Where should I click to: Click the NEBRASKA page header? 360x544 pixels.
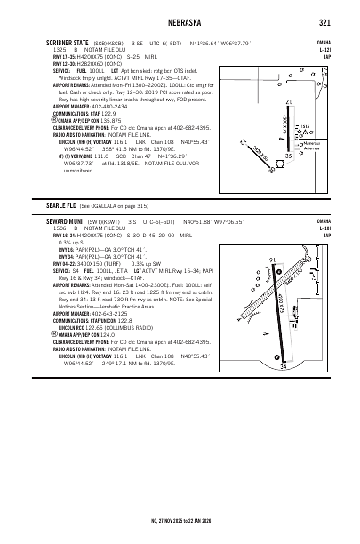180,23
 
